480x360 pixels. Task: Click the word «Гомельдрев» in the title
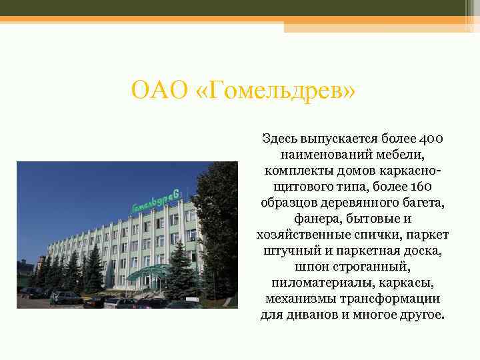click(281, 89)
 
